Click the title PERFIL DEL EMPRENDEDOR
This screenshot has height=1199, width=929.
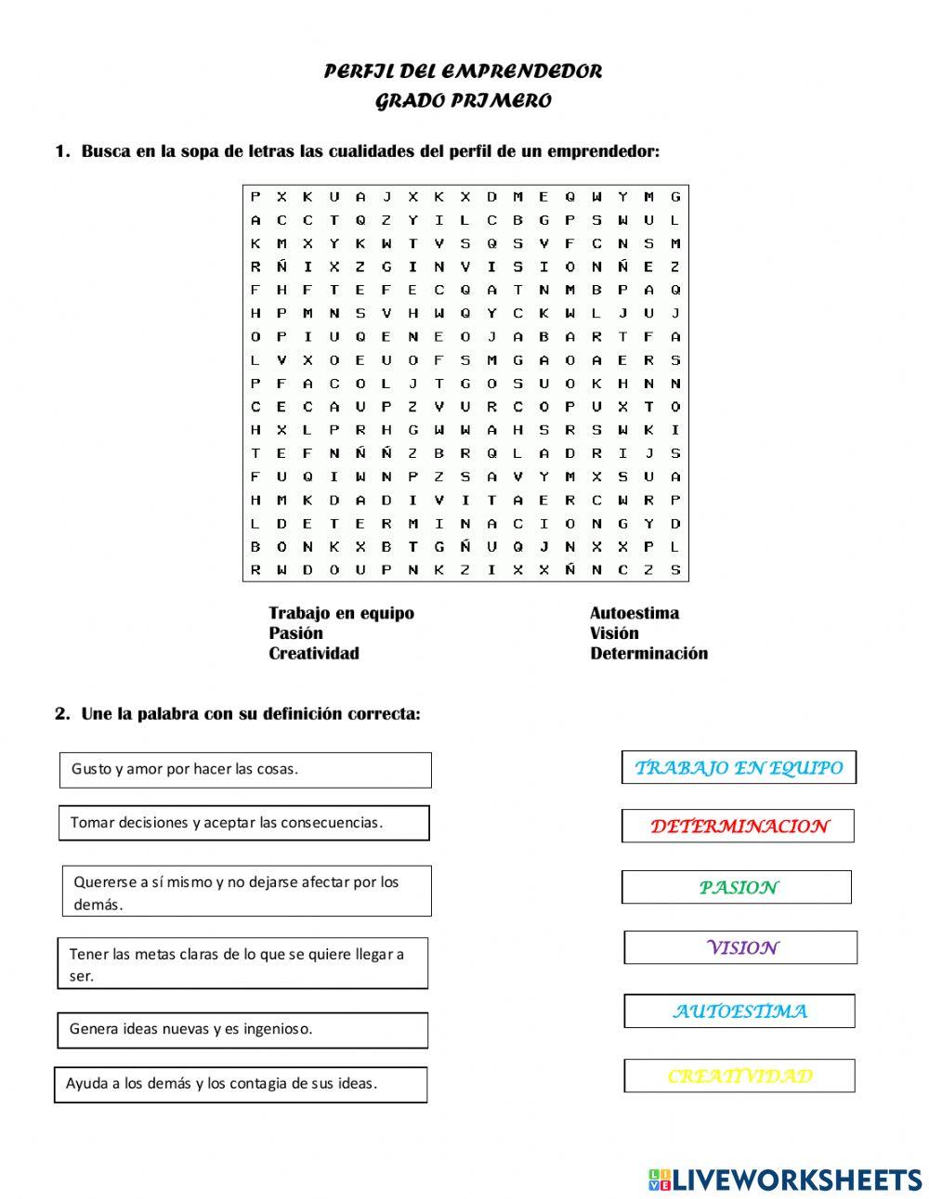pyautogui.click(x=463, y=72)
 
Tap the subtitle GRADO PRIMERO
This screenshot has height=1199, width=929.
pyautogui.click(x=463, y=101)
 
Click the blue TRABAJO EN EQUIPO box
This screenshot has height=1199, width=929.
pyautogui.click(x=739, y=768)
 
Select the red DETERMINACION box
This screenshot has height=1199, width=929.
pyautogui.click(x=739, y=827)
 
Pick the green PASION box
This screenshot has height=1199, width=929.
pyautogui.click(x=737, y=888)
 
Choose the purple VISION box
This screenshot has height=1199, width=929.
pyautogui.click(x=740, y=948)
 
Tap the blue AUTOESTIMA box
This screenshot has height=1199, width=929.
pyautogui.click(x=739, y=1011)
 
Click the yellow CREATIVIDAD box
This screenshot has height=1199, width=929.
pyautogui.click(x=739, y=1076)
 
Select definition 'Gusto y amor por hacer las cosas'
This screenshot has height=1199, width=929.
pyautogui.click(x=245, y=770)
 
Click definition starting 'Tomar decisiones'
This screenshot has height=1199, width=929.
pyautogui.click(x=243, y=823)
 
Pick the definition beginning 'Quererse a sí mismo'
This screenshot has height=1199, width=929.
pyautogui.click(x=246, y=892)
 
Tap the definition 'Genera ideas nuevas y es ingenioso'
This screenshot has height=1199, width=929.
pyautogui.click(x=242, y=1030)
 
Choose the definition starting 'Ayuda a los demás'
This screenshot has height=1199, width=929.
pyautogui.click(x=242, y=1084)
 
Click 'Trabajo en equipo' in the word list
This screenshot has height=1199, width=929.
pyautogui.click(x=341, y=613)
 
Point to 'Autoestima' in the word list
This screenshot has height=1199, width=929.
pyautogui.click(x=634, y=613)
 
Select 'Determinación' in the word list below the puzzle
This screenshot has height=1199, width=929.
pyautogui.click(x=648, y=654)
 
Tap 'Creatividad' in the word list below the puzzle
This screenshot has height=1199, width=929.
pyautogui.click(x=313, y=654)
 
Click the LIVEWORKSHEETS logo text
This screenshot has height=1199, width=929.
pyautogui.click(x=796, y=1179)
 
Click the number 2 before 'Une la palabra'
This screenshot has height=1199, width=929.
pyautogui.click(x=61, y=714)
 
